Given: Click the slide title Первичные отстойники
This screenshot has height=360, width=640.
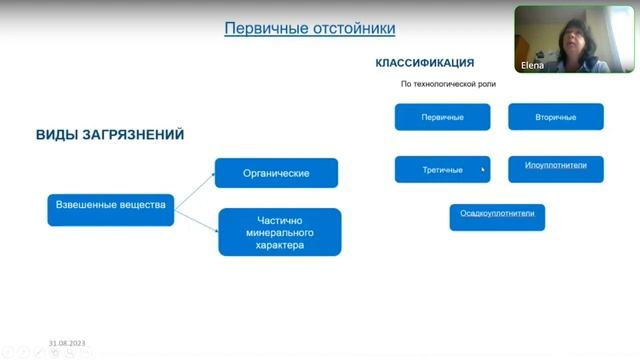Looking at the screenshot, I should (x=309, y=28).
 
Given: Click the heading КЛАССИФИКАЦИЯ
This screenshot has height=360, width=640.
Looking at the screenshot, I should (x=425, y=63).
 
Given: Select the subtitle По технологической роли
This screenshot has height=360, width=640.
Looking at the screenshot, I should (x=448, y=84).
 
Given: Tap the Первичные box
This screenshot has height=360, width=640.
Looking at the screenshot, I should (x=442, y=117).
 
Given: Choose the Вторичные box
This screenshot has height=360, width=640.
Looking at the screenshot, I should (x=556, y=117).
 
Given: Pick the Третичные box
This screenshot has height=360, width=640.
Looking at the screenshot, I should (x=442, y=169).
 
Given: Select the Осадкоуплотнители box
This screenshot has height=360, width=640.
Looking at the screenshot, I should (x=497, y=215).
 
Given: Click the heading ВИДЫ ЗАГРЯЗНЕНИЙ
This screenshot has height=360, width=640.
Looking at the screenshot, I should (x=110, y=135).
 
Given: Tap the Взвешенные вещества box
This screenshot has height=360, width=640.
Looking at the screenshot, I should (x=110, y=207).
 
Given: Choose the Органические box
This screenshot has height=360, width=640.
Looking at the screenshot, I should (x=276, y=173).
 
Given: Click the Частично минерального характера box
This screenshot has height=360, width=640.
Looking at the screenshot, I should (x=279, y=231).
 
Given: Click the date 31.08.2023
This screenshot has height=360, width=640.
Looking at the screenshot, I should (x=67, y=343).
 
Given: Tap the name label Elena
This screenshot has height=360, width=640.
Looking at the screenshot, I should (x=534, y=64).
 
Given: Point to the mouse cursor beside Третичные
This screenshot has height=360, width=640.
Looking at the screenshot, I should (x=483, y=170).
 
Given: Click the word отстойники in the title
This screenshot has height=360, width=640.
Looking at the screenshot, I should (x=352, y=28).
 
